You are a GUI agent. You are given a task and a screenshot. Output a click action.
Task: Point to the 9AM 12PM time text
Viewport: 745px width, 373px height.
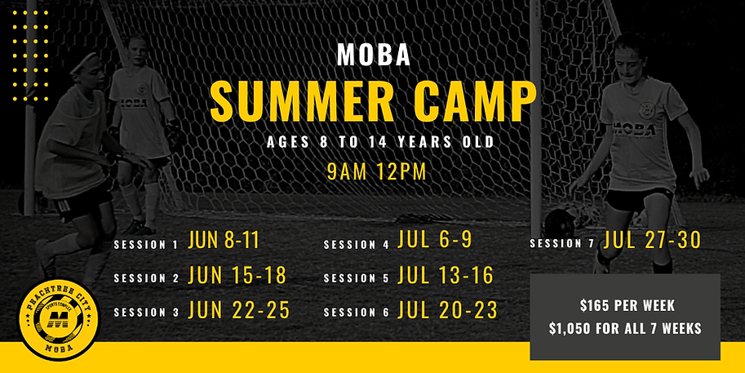[x=372, y=172]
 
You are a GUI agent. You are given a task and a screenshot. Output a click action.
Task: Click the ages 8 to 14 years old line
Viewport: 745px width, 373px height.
[x=380, y=142]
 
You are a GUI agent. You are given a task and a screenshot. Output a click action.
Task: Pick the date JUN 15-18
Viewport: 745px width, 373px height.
[x=237, y=276]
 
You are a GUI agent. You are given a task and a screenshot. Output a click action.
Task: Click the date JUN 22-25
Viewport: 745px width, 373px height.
[x=238, y=310]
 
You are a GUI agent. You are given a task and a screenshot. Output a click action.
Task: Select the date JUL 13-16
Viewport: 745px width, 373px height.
[x=446, y=276]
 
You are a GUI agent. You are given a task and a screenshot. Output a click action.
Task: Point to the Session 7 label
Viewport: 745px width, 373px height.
[x=563, y=243]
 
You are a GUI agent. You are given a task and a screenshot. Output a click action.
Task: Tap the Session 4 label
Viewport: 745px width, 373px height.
[x=357, y=245]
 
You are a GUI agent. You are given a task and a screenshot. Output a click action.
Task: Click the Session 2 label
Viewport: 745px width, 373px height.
[x=146, y=278]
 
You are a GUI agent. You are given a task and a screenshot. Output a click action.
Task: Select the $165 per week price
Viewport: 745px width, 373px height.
[x=625, y=308]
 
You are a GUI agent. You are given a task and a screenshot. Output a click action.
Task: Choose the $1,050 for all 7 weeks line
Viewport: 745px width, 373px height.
[x=625, y=328]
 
